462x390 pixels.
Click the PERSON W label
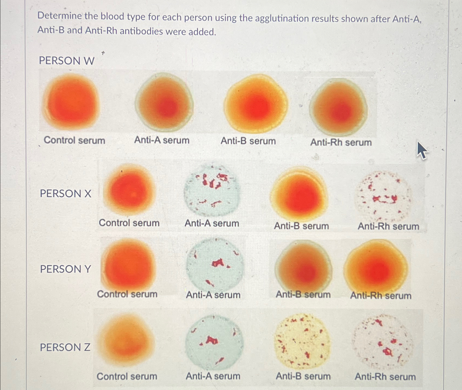pyautogui.click(x=67, y=61)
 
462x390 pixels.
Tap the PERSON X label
pyautogui.click(x=66, y=194)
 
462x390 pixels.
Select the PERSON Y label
pyautogui.click(x=66, y=269)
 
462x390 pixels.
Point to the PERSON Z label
pyautogui.click(x=65, y=347)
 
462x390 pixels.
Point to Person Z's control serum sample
pyautogui.click(x=126, y=339)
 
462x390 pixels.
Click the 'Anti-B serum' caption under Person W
pyautogui.click(x=248, y=141)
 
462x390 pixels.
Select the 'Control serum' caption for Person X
pyautogui.click(x=129, y=223)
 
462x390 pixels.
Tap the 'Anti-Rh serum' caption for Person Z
pyautogui.click(x=385, y=377)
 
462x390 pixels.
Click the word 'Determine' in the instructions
pyautogui.click(x=60, y=16)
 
